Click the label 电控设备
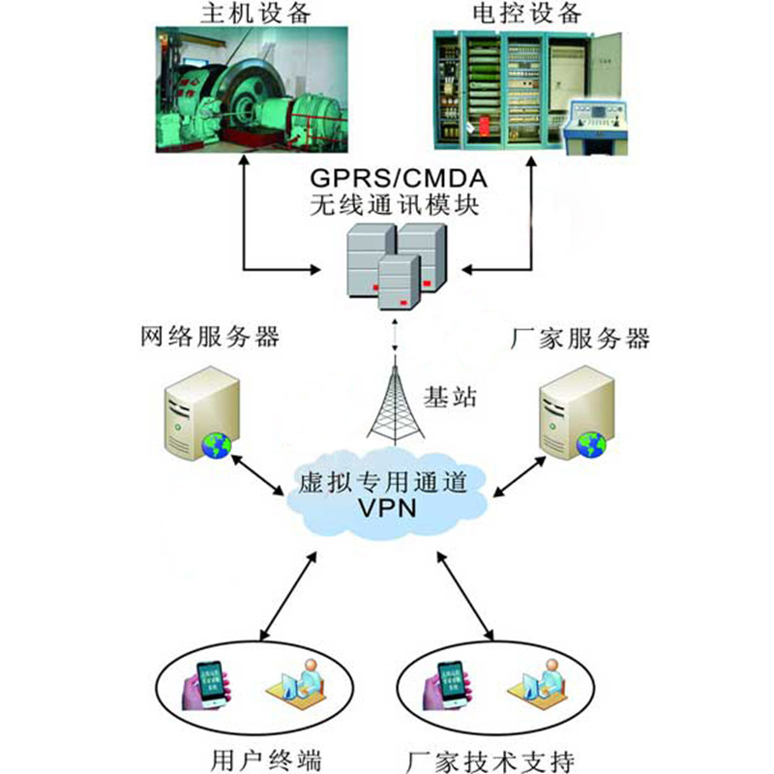click(x=527, y=14)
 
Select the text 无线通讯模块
click(x=395, y=206)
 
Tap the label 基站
click(x=451, y=397)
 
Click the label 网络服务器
click(x=210, y=338)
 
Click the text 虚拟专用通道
click(x=392, y=482)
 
